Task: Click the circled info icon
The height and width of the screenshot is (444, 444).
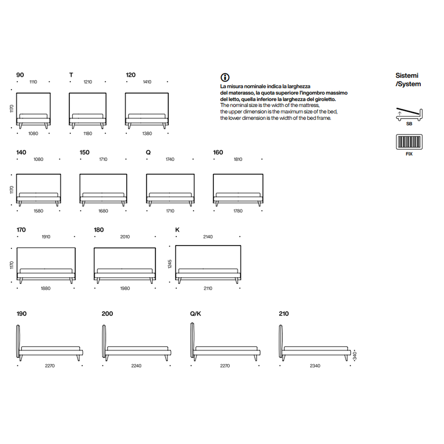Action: tap(225, 77)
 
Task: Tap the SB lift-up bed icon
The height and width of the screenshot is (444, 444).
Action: tap(409, 114)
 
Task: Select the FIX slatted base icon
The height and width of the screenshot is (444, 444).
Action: tap(409, 142)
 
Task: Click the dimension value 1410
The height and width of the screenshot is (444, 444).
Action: tap(147, 82)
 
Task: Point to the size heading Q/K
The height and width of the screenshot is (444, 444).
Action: tap(195, 314)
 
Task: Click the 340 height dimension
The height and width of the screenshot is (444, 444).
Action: tap(354, 356)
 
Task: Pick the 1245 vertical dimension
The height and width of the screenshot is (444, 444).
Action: tap(170, 264)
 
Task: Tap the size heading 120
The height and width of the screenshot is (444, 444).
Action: tap(131, 75)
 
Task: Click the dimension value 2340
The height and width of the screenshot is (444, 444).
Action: tap(315, 366)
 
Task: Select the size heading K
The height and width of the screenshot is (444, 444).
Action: tap(177, 230)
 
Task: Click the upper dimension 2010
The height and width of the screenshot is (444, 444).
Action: tap(125, 237)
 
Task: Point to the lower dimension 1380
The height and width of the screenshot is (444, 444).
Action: tap(147, 134)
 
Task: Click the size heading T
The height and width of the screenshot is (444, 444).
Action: tap(71, 75)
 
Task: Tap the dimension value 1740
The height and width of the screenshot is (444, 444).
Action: tap(170, 159)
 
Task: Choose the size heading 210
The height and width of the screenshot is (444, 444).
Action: tap(284, 314)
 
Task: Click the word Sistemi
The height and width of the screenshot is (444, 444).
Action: tap(407, 75)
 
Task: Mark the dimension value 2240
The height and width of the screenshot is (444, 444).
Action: tap(136, 366)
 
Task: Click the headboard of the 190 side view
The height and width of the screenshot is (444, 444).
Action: tap(18, 341)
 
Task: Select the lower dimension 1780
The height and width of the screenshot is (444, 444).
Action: tap(238, 211)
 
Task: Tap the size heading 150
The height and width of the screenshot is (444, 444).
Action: tap(84, 152)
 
